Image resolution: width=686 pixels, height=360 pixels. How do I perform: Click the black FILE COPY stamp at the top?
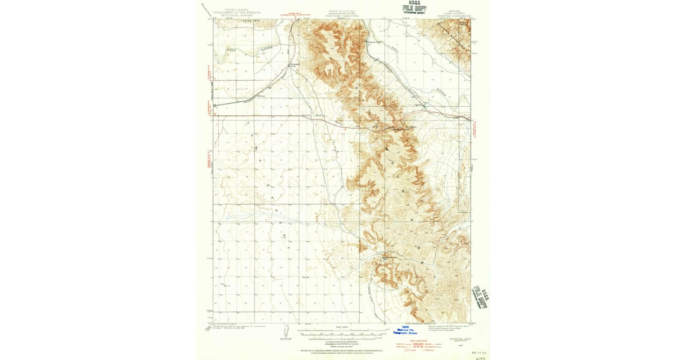tap(414, 9)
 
